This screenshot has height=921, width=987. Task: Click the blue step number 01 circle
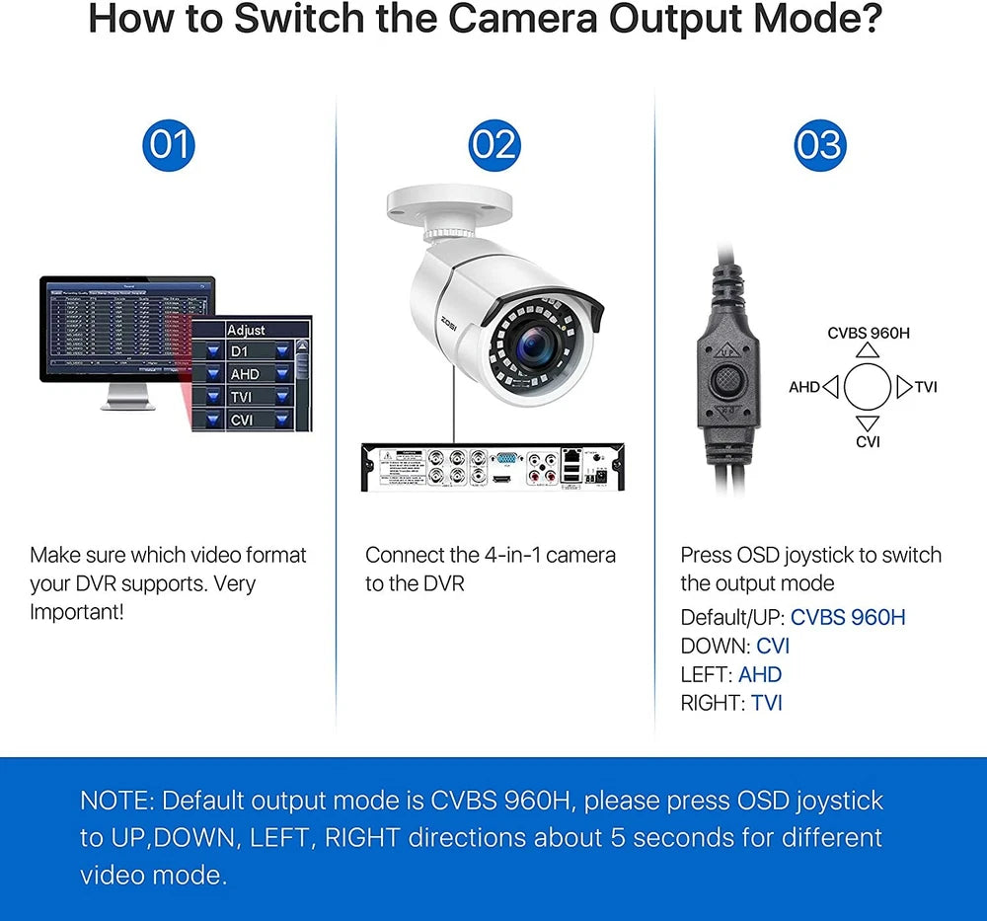click(168, 145)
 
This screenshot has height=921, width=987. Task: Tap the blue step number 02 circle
click(493, 145)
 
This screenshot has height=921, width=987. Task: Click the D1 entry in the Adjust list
click(239, 351)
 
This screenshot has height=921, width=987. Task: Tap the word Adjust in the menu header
click(246, 330)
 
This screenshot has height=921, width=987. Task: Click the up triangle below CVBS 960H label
click(868, 350)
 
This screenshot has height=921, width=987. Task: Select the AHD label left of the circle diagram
click(804, 387)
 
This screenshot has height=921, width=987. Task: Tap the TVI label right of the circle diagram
click(926, 387)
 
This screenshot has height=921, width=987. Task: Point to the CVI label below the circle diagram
click(868, 441)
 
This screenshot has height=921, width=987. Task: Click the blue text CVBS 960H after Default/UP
click(848, 618)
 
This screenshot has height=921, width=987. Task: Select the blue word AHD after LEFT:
click(760, 675)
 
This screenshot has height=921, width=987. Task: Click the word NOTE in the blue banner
click(115, 800)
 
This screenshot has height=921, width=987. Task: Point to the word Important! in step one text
click(77, 612)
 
